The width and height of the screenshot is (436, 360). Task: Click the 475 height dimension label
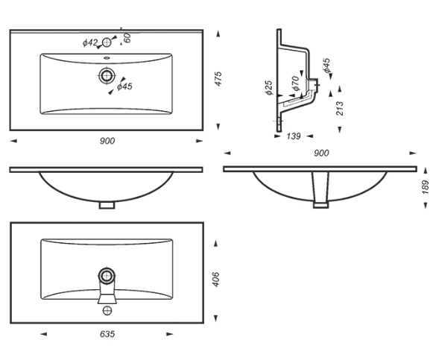coord(218,79)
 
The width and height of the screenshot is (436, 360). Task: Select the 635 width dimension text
coord(107,334)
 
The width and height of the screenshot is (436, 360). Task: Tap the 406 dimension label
coord(216,280)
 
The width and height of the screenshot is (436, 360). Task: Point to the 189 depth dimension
coord(426,187)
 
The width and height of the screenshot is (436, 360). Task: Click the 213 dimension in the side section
coord(340,108)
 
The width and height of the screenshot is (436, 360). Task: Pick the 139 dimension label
coord(294,136)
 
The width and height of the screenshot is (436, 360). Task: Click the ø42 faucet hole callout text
coord(90,42)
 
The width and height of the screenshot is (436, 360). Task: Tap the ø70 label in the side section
coord(296,83)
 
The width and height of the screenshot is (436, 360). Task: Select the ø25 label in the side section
coord(268,88)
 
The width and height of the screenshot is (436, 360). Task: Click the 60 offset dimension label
coord(127,38)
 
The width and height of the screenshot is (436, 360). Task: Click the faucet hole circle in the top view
coord(107,42)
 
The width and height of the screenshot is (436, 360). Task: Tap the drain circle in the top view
coord(107,75)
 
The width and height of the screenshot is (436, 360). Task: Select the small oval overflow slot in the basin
coord(107,58)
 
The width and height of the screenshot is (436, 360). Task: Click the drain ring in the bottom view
coord(107,276)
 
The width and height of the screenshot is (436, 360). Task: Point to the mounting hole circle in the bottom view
coord(107,310)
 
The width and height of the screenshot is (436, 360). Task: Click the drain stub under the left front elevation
coord(107,205)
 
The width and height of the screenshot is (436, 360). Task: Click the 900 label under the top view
coord(107,141)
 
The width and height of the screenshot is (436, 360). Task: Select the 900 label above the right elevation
coord(321,153)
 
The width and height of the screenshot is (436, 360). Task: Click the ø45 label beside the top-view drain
coord(124,86)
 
